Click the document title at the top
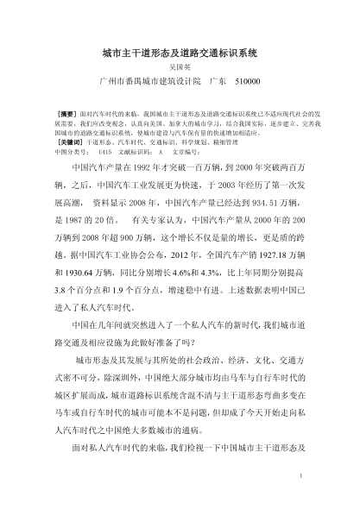point(180,53)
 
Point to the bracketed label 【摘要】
point(65,113)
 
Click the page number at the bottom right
point(297,474)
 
